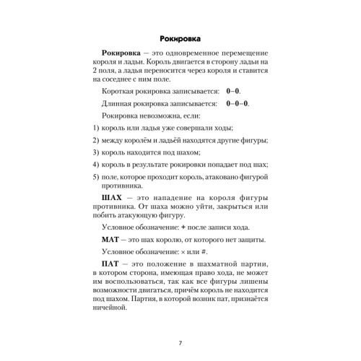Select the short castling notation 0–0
click(x=214, y=92)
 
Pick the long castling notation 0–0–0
click(x=217, y=103)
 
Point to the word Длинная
click(x=121, y=103)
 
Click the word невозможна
click(x=161, y=116)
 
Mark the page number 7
click(x=180, y=342)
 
